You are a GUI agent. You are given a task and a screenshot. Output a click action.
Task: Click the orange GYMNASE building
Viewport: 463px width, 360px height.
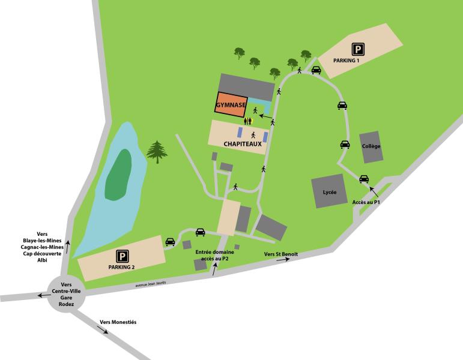231,104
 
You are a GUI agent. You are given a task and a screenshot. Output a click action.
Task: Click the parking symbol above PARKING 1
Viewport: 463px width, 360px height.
358,50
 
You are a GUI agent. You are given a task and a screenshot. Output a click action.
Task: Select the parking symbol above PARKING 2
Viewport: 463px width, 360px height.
122,255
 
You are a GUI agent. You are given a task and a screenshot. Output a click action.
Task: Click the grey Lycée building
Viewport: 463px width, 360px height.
329,191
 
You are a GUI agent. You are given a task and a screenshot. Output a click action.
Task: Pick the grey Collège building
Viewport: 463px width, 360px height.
371,147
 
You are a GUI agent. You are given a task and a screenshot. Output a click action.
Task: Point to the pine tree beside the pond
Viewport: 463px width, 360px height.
157,151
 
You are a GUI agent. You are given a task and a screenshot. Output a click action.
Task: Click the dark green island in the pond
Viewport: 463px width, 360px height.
118,175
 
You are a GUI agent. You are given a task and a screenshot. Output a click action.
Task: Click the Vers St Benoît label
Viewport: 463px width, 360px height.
281,254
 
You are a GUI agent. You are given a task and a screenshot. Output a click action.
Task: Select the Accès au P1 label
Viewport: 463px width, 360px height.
366,202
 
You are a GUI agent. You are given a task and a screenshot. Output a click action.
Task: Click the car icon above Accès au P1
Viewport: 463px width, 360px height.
364,179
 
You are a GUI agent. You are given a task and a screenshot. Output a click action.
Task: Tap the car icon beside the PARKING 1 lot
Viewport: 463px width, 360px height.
316,70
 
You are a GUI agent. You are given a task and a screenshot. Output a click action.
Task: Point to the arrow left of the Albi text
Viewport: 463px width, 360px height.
68,247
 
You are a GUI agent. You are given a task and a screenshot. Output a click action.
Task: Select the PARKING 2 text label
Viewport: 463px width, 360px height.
122,266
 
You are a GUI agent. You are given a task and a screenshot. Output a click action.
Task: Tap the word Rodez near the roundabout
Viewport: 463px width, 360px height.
66,304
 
